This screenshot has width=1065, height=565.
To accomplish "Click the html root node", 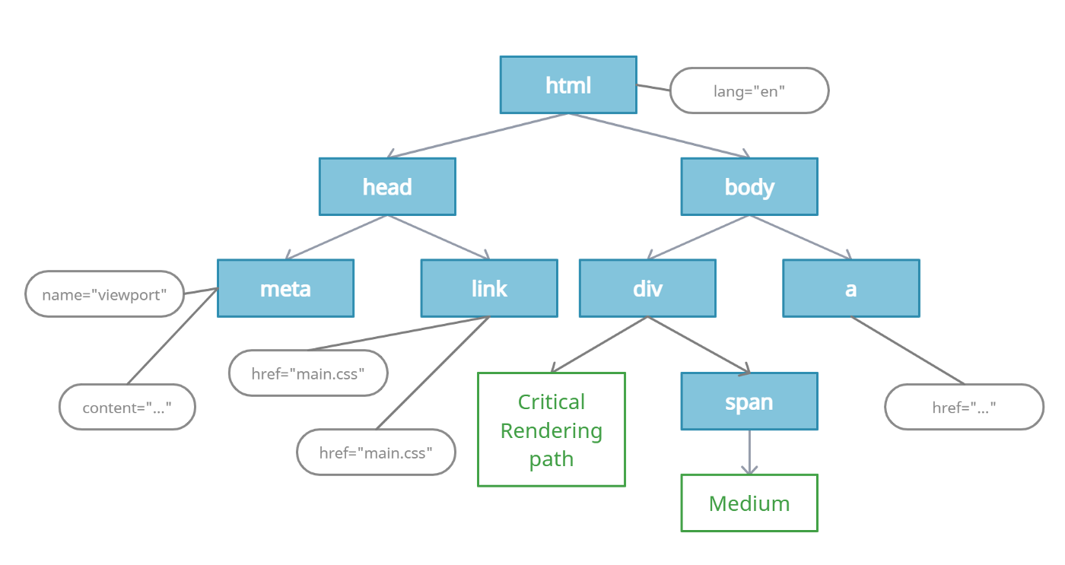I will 567,85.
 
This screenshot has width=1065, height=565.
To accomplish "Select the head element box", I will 386,186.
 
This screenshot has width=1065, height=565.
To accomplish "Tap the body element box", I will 749,186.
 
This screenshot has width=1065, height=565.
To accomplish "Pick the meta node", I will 285,288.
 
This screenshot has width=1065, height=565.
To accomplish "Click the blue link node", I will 488,288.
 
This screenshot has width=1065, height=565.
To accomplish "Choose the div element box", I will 647,288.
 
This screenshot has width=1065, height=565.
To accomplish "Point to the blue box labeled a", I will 850,288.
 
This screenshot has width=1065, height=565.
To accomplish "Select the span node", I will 749,402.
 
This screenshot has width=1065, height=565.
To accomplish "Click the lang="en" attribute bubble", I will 749,91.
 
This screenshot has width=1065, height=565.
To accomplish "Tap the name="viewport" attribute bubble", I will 104,294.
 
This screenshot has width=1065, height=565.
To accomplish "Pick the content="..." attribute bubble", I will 127,408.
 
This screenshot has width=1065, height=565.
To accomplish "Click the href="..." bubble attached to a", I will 964,408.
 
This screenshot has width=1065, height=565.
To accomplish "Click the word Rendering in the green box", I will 551,430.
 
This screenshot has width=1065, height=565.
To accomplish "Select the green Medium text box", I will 749,503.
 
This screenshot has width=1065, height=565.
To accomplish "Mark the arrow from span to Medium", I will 749,453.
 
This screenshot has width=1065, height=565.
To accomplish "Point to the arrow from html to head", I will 478,136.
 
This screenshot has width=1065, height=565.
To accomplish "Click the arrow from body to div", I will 698,237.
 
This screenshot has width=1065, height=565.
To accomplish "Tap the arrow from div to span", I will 698,345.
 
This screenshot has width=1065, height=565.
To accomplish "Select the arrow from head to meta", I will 336,238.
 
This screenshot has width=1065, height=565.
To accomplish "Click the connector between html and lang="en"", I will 653,87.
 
